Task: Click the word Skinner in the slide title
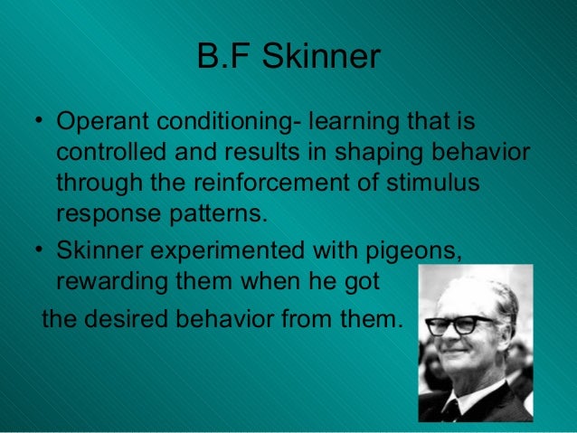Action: (329, 58)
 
